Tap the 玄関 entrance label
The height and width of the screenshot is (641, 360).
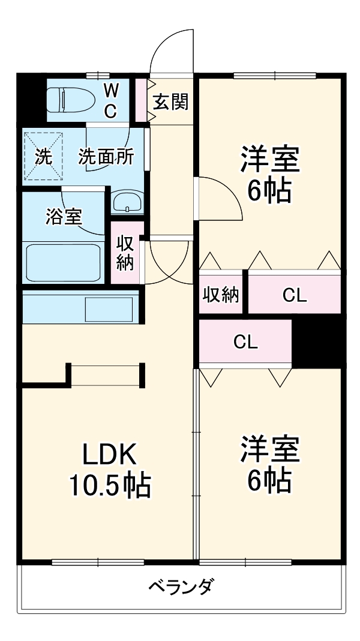point(170,102)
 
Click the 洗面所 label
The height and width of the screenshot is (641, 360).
point(106,157)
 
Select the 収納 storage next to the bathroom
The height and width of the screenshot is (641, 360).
point(125,253)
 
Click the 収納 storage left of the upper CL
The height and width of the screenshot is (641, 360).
point(221,295)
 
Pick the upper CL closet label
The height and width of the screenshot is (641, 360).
point(295,295)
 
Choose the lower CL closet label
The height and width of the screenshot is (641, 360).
point(245,342)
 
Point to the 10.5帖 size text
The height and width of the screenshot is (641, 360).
point(110,486)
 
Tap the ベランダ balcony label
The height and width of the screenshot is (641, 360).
point(180,586)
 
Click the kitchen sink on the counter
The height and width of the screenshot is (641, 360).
point(109,308)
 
